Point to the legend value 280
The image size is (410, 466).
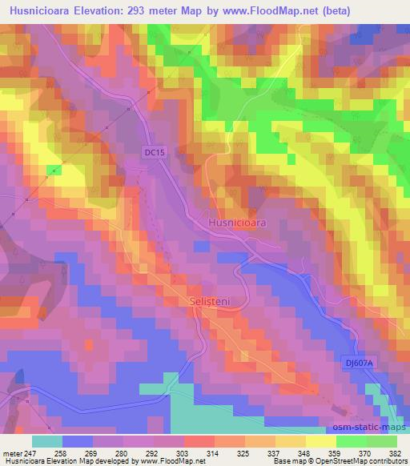121,452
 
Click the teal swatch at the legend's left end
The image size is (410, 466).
46,441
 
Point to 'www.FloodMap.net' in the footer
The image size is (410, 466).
171,461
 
